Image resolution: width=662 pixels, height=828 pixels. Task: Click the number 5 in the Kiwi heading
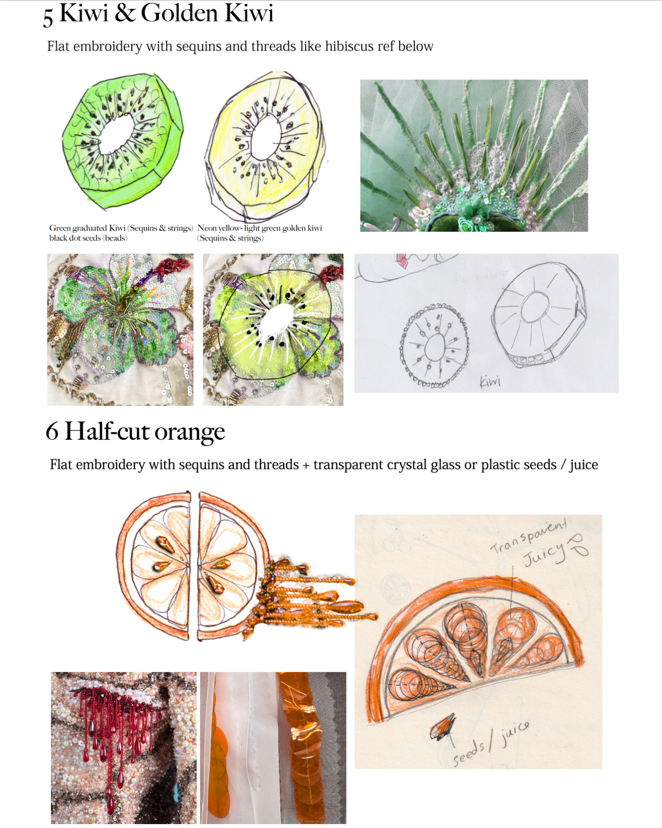pos(48,16)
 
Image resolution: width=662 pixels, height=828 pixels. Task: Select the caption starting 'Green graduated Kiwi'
pos(121,233)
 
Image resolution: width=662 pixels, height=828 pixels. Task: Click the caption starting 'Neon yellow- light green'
pos(259,233)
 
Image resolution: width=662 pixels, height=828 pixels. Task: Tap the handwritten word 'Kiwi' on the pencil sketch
pos(490,382)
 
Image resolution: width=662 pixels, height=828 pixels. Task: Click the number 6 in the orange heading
pos(52,430)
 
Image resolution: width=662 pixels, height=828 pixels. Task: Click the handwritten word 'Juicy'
pos(544,554)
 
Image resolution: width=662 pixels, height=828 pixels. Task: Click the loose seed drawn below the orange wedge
pos(443,726)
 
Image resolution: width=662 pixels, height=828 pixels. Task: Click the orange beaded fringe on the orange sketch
pos(310,596)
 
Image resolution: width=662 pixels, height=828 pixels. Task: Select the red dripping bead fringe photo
pos(124,748)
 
